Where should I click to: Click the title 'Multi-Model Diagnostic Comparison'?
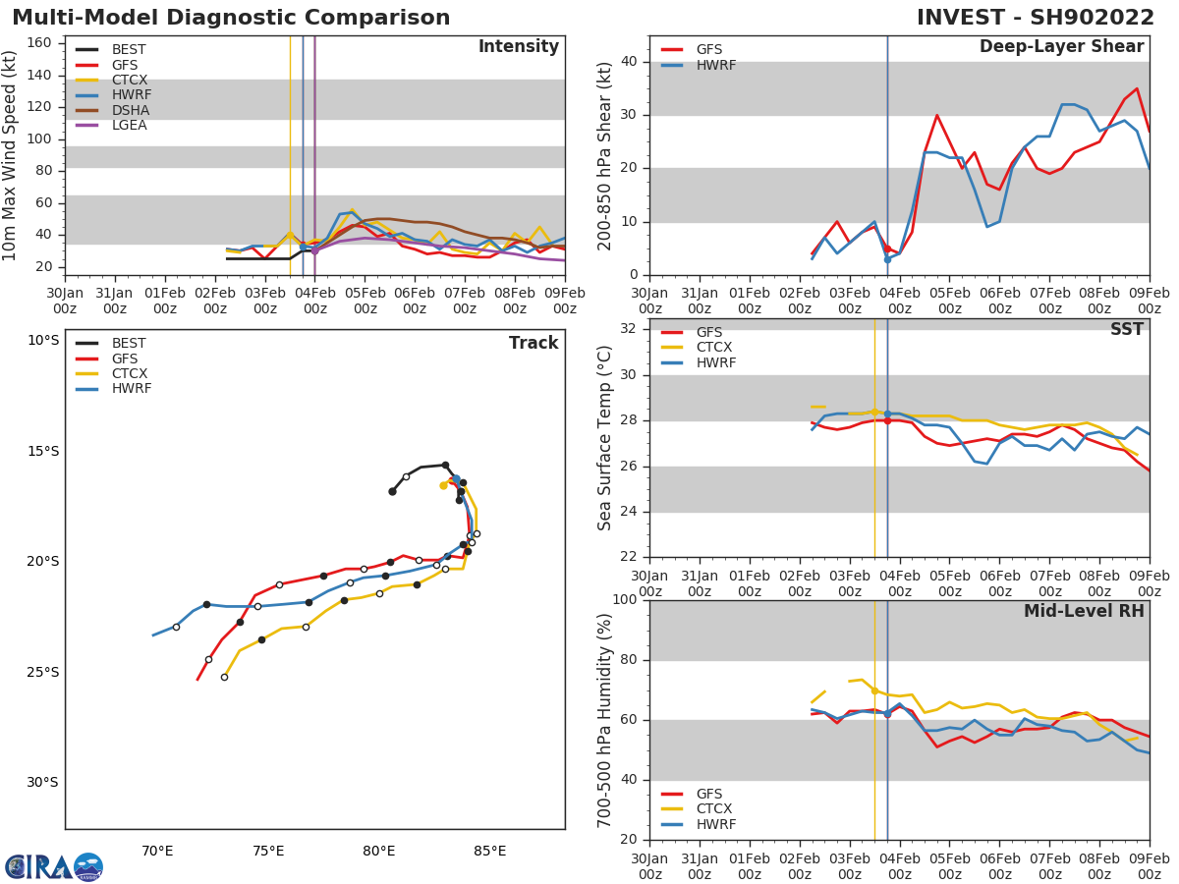[231, 18]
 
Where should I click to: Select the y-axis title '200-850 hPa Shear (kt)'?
[606, 155]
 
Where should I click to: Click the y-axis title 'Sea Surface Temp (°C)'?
[606, 437]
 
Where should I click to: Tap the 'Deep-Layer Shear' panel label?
[1061, 47]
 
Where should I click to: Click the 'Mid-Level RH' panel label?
[1084, 611]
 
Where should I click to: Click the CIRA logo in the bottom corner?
[54, 866]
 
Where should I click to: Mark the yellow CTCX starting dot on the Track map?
[443, 485]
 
